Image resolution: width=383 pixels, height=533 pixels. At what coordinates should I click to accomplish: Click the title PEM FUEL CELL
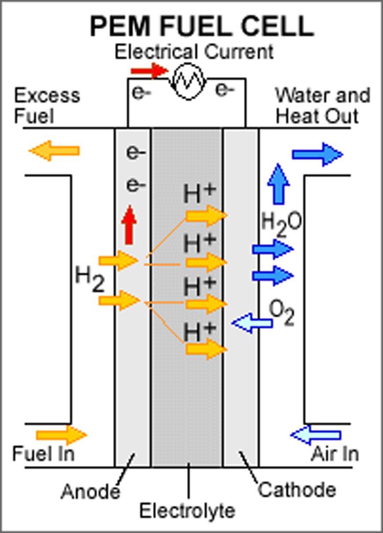coord(202,27)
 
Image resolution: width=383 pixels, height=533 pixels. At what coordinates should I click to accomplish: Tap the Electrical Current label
coord(194,52)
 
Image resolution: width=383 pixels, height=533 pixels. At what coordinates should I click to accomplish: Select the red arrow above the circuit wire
coord(149,70)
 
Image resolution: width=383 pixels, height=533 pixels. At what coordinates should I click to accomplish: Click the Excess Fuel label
coord(47,106)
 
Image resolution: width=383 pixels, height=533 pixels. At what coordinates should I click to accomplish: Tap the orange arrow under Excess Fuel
coord(54,151)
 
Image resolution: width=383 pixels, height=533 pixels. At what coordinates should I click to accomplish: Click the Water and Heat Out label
coord(322,106)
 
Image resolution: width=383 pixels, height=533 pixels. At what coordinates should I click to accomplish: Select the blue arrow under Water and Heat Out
coord(317,155)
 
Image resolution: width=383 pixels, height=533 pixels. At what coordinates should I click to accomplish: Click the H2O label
coord(281,221)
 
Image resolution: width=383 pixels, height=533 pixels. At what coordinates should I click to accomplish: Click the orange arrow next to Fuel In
coord(61,435)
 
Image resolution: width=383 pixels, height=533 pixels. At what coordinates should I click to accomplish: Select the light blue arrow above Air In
coord(315,435)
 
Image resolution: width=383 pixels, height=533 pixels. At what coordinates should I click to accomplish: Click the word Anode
coord(90,491)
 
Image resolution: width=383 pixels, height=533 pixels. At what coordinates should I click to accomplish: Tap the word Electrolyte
coord(187,511)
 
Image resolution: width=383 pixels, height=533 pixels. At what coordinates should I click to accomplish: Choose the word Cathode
coord(297,490)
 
